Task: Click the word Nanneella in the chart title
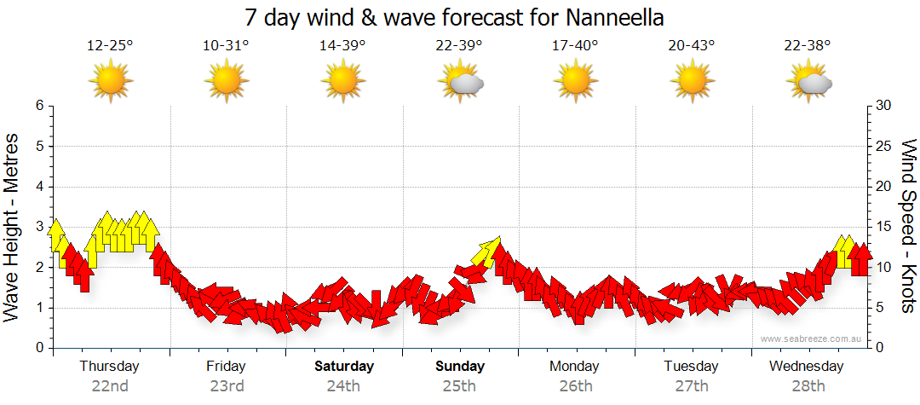613,17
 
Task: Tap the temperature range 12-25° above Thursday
110,45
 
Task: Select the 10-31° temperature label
226,45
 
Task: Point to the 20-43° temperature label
692,45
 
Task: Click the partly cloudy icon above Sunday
460,81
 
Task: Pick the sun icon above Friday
226,81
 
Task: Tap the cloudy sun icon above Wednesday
809,81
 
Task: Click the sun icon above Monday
575,81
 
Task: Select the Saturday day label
344,367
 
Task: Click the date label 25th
459,385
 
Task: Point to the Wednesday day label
806,367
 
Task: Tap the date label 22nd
110,385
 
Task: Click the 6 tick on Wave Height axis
39,106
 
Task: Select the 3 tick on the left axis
39,227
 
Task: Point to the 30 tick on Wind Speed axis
884,106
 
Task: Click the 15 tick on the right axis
884,227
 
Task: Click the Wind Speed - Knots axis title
908,226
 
